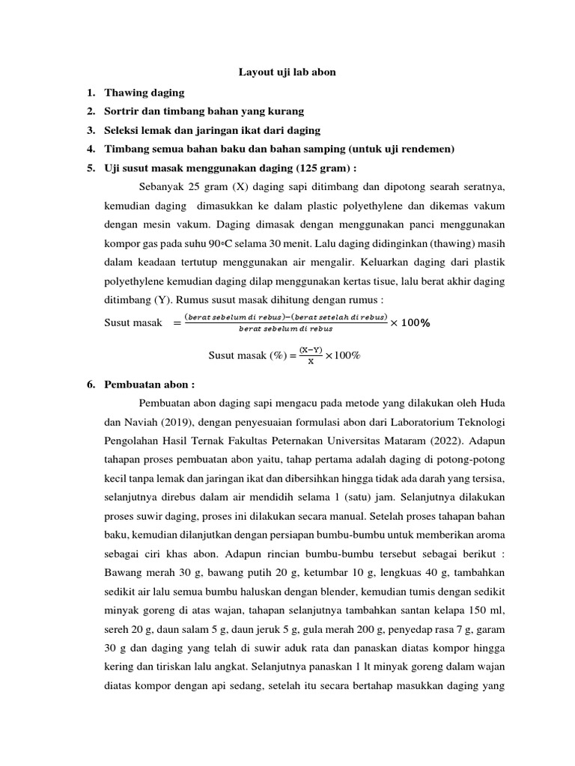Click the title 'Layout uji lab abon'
[x=287, y=73]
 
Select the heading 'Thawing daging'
[x=144, y=92]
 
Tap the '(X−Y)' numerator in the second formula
[x=310, y=350]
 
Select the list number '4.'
[x=90, y=150]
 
